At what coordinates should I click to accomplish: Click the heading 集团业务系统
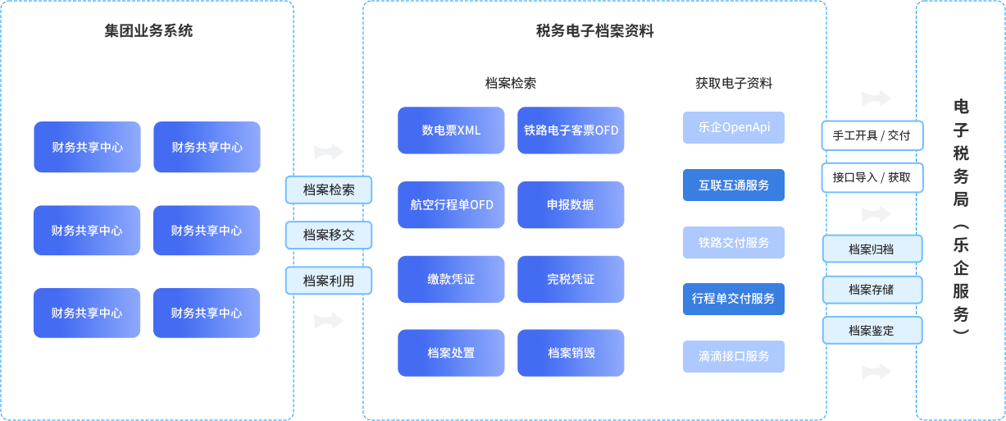tap(148, 30)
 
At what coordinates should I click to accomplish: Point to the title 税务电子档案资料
tap(594, 30)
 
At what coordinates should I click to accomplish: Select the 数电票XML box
tap(451, 130)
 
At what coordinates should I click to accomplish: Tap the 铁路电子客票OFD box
tap(571, 130)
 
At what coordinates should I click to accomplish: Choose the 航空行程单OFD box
tap(451, 205)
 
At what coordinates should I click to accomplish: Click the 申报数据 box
tap(571, 205)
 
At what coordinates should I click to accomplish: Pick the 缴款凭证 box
tap(451, 280)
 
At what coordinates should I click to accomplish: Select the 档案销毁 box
tap(571, 353)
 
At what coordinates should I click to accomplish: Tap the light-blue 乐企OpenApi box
tap(734, 127)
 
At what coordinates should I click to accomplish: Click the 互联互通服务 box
tap(734, 185)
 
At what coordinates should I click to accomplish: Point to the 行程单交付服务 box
tap(734, 299)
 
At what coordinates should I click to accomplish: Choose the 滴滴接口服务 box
tap(734, 356)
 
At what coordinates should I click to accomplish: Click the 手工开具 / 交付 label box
tap(872, 135)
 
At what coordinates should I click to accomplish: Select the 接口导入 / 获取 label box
tap(872, 178)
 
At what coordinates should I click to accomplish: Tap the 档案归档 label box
tap(872, 249)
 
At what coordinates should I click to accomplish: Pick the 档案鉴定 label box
tap(872, 330)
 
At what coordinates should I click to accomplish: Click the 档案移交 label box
tap(329, 235)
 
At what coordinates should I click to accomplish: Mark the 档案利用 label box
tap(329, 281)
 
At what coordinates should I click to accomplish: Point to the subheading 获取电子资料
tap(734, 83)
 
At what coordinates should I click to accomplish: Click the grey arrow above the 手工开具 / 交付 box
tap(876, 98)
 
